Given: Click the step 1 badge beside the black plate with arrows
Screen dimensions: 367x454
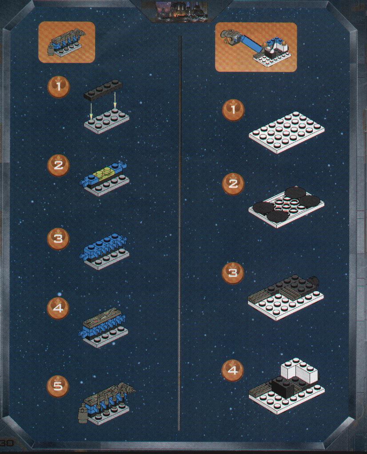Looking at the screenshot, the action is [59, 86].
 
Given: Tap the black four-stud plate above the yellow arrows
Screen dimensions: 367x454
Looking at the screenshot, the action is [103, 89].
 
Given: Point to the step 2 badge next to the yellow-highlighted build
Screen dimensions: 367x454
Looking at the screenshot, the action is [58, 166].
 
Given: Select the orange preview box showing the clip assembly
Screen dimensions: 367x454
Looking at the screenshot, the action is [67, 42].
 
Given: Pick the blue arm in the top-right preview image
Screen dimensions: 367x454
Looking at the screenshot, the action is [251, 46].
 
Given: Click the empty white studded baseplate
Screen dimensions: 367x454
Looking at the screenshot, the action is [287, 132].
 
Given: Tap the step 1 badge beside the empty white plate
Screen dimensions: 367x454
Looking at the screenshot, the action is [233, 110].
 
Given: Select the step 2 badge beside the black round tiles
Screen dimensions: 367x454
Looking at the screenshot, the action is [233, 184].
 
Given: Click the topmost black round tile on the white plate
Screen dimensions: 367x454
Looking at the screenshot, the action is [295, 193].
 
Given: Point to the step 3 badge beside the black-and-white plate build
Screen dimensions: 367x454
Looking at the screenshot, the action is [233, 273].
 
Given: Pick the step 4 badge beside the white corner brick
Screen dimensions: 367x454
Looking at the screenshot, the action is [232, 370].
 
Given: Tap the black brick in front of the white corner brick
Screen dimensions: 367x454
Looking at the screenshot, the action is [283, 386].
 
